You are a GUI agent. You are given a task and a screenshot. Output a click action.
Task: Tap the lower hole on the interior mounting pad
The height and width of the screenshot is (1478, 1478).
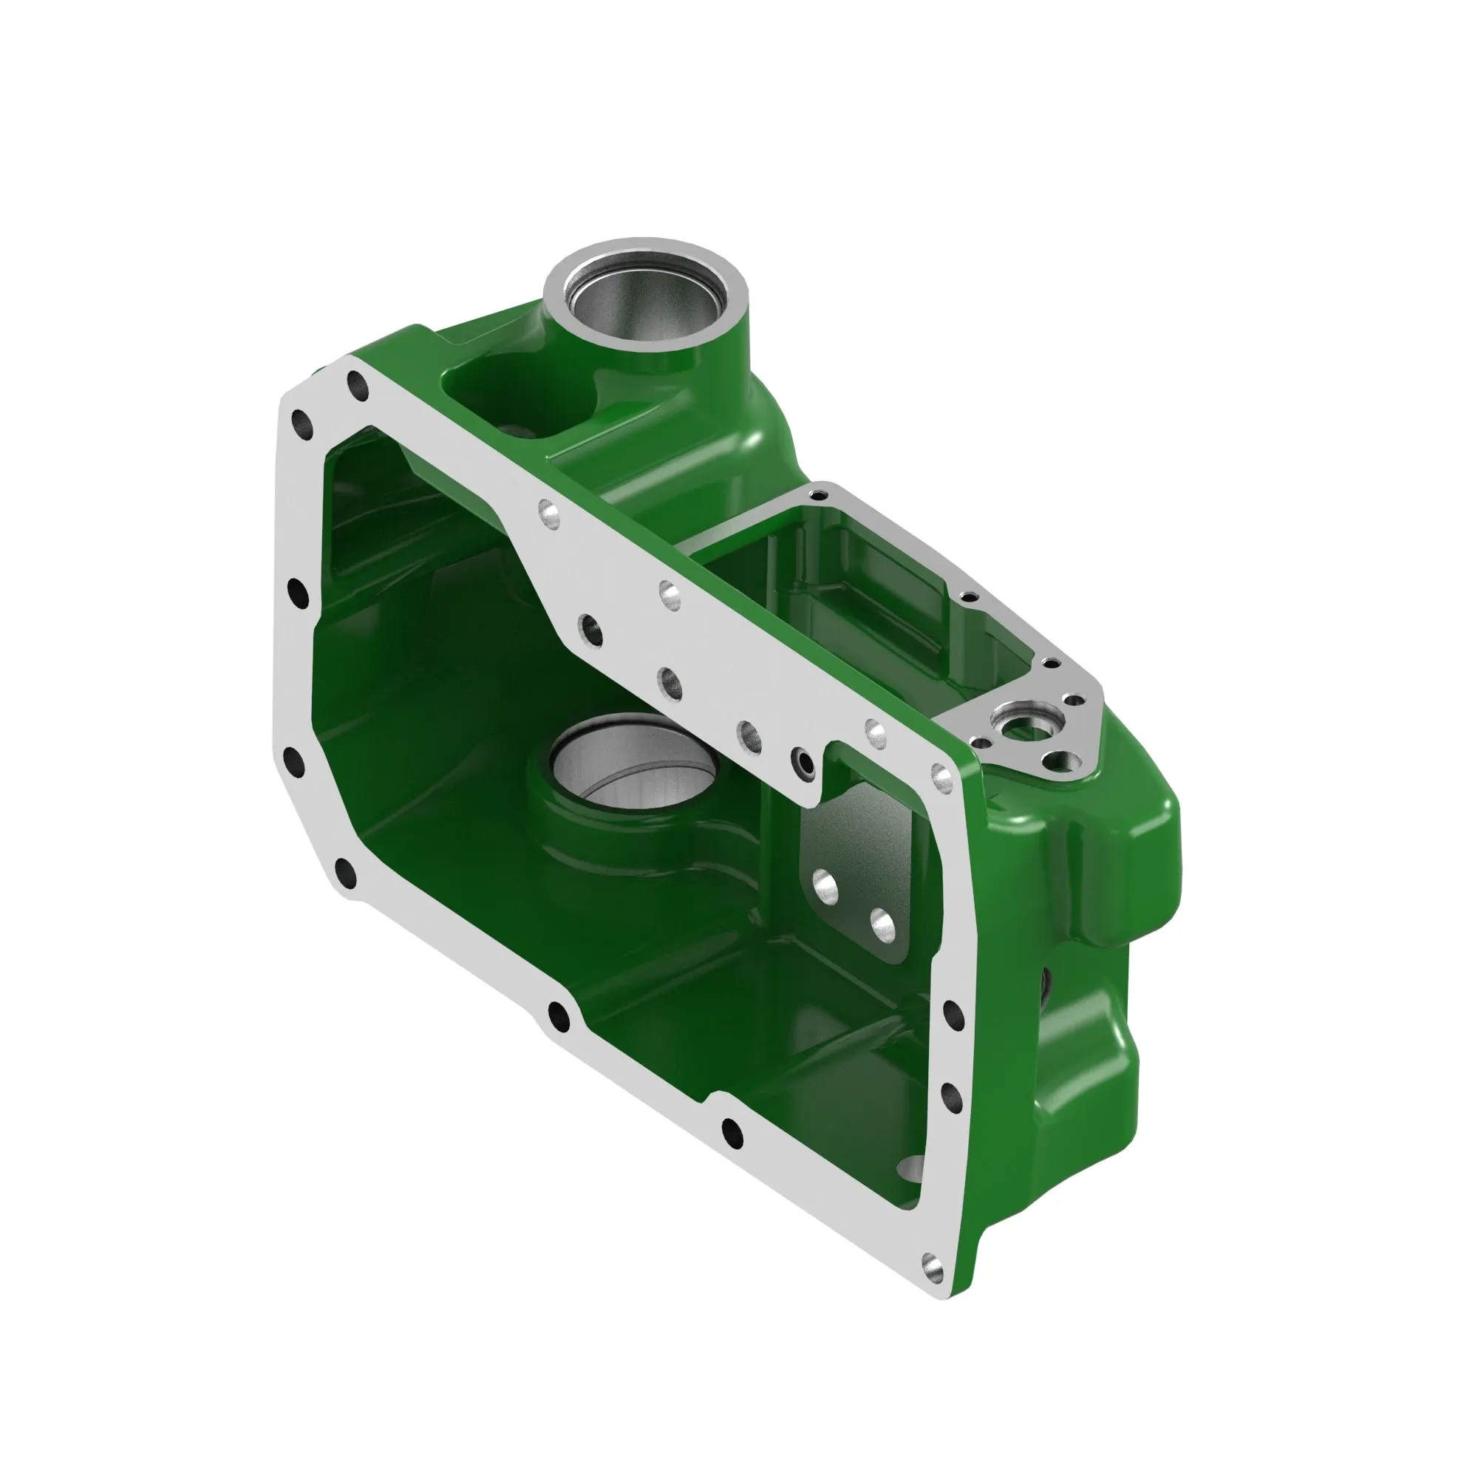click(x=883, y=924)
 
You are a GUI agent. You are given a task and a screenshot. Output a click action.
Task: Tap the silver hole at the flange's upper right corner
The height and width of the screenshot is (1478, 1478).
click(x=941, y=777)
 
